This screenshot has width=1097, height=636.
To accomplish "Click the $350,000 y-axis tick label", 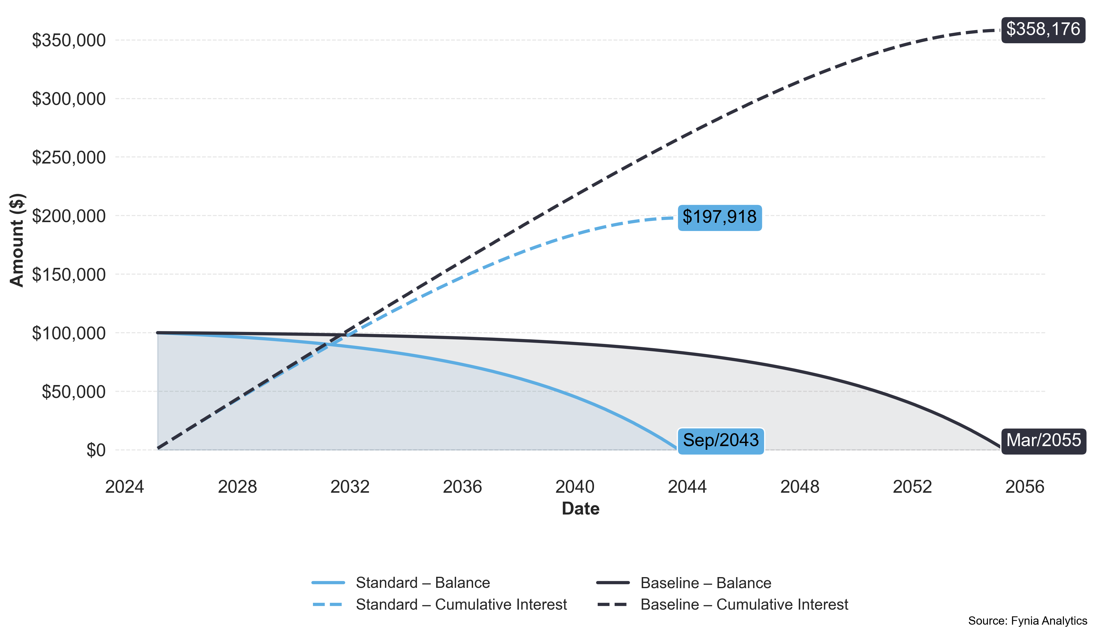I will pos(69,40).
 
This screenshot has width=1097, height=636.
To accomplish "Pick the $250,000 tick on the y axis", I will pos(69,158).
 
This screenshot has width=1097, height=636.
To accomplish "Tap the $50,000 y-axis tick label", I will pos(74,392).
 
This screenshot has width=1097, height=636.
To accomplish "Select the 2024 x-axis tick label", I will pos(124,487).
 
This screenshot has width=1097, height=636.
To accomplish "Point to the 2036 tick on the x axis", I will pos(462,487).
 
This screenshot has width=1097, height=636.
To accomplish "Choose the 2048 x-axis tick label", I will pos(800,487).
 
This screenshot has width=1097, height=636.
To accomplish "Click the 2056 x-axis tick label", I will pos(1025,487).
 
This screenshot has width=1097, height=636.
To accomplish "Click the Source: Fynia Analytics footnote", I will pos(1027,621).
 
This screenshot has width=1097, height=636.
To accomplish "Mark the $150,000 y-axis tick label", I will pos(69,275).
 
